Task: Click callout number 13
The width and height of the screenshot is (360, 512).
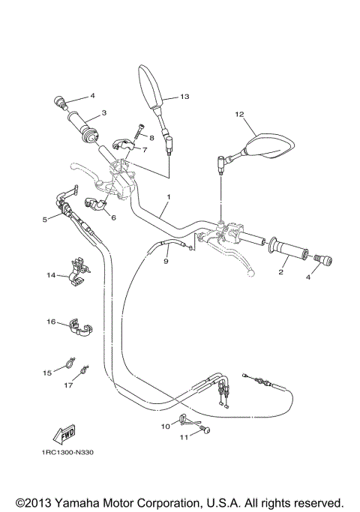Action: (x=184, y=97)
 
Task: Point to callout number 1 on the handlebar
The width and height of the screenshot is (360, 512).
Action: (x=169, y=197)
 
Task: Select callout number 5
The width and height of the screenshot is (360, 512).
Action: (x=45, y=220)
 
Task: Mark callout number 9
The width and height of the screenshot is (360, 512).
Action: (x=166, y=262)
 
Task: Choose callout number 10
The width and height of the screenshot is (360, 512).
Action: (x=165, y=425)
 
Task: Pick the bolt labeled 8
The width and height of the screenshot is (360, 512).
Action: (x=137, y=132)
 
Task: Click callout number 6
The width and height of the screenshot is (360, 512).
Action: (x=113, y=217)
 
